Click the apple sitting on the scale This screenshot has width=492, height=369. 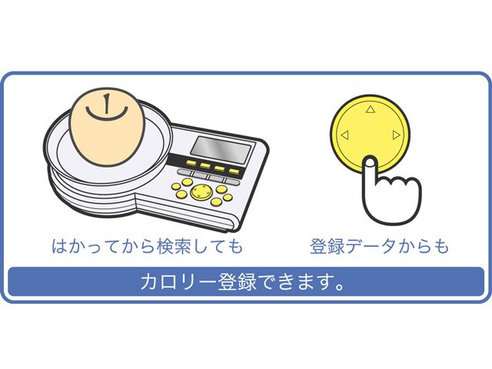tap(107, 127)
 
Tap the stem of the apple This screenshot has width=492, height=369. tap(107, 103)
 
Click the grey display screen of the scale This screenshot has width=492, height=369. tap(221, 150)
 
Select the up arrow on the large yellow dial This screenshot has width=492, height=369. tap(371, 109)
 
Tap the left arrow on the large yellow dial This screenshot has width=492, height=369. tap(344, 135)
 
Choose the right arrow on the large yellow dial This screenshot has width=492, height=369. tap(397, 135)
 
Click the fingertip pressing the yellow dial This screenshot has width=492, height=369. tap(371, 161)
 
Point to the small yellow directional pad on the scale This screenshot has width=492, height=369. tap(201, 192)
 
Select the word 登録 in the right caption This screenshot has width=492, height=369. tap(328, 246)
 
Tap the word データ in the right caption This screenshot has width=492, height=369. tap(372, 246)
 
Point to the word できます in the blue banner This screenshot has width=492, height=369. tap(295, 281)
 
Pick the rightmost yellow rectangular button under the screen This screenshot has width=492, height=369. tap(234, 171)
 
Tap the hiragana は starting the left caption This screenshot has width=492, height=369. tap(60, 246)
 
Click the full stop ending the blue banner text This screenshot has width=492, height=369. tap(340, 287)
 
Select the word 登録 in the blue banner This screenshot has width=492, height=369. tap(238, 281)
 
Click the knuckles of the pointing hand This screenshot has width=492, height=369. tap(398, 183)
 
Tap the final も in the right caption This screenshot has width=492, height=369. tap(441, 246)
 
